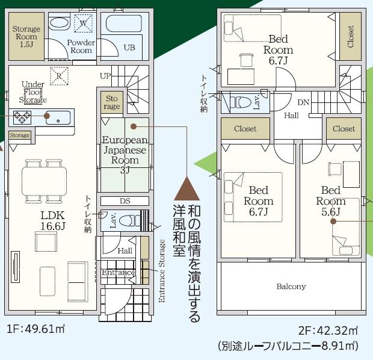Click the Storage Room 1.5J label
[x=26, y=37]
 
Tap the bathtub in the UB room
[x=124, y=23]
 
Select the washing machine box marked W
[x=83, y=23]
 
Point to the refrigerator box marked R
[x=59, y=76]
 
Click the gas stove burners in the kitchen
[x=22, y=117]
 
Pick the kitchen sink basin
[x=58, y=117]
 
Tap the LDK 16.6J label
[x=52, y=221]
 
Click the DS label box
[x=125, y=201]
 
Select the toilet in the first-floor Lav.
[x=129, y=220]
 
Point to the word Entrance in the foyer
[x=119, y=272]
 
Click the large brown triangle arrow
[x=186, y=188]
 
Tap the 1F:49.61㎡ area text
[x=35, y=329]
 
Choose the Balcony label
[x=291, y=286]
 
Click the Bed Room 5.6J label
[x=331, y=200]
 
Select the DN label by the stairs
[x=303, y=102]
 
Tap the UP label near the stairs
[x=105, y=76]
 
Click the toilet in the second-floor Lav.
[x=241, y=102]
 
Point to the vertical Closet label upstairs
[x=350, y=37]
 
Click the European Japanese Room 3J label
[x=125, y=155]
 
